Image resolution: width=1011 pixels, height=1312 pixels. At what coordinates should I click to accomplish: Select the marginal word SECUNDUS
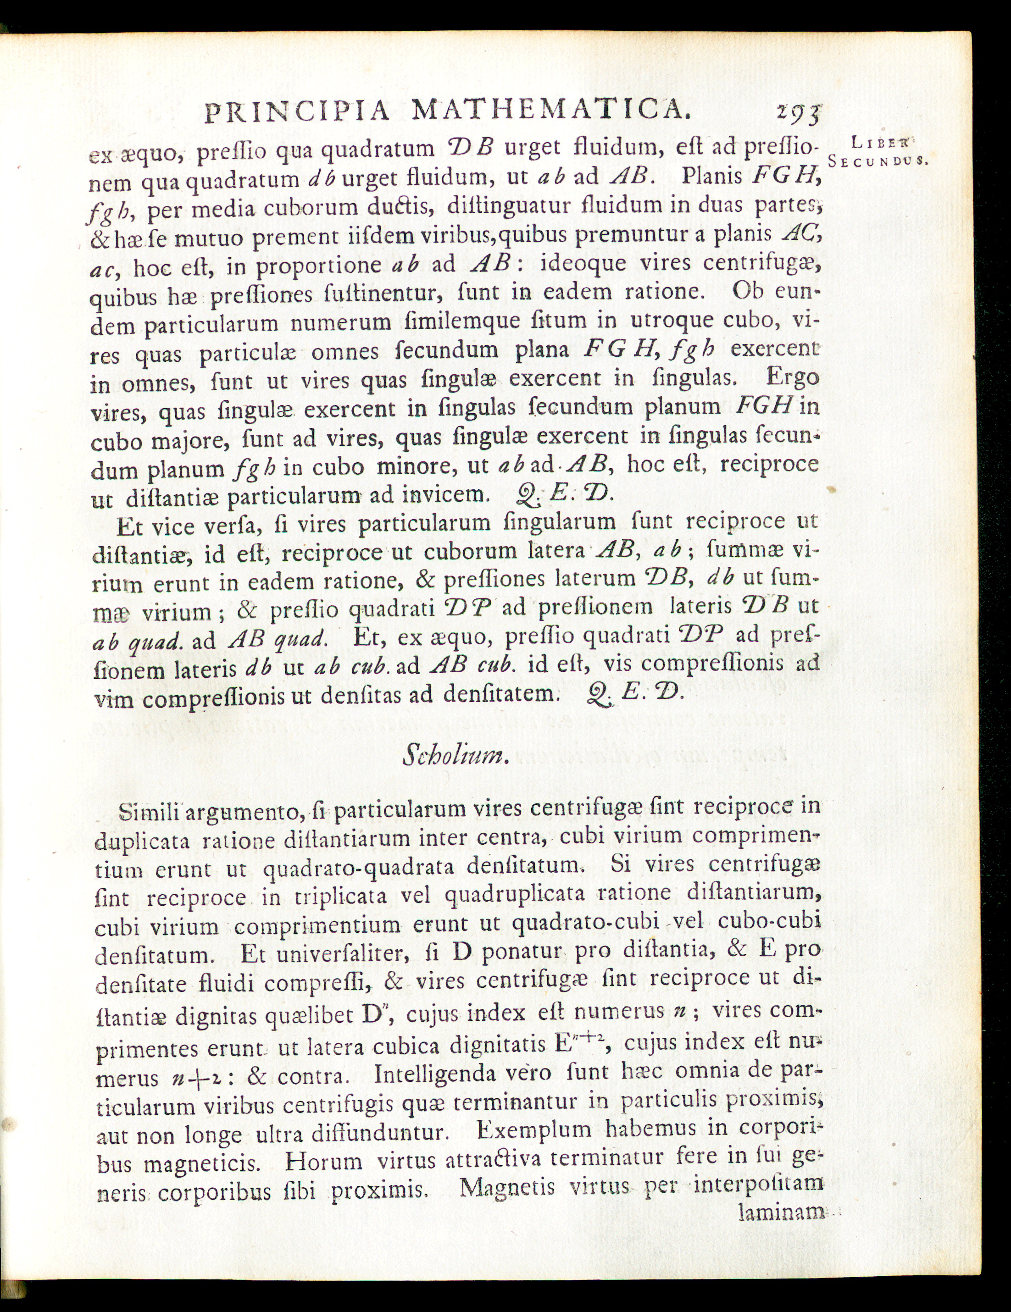(x=878, y=161)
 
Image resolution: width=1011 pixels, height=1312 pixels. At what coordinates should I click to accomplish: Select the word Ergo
(x=793, y=378)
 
